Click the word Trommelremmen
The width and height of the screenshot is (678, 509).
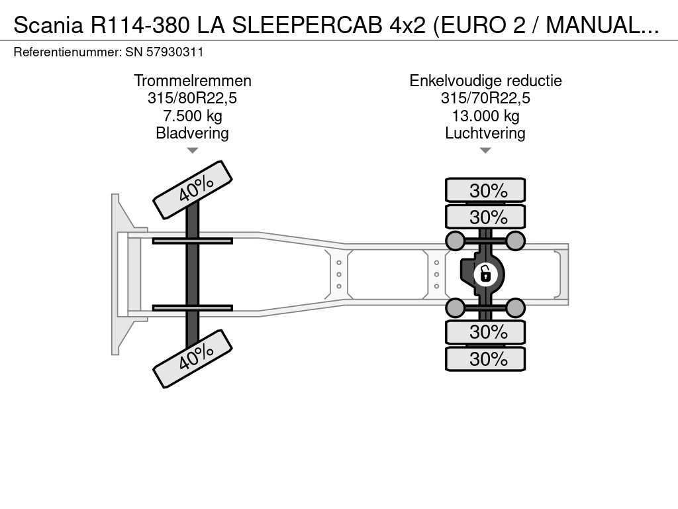pyautogui.click(x=192, y=81)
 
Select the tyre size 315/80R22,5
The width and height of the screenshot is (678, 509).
pyautogui.click(x=192, y=99)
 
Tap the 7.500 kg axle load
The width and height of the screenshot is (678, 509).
pyautogui.click(x=192, y=116)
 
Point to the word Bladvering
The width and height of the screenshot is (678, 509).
pyautogui.click(x=192, y=133)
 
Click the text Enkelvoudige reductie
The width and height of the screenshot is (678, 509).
pyautogui.click(x=485, y=81)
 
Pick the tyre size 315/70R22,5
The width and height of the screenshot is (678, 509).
pyautogui.click(x=485, y=99)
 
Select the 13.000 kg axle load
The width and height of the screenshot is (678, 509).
pyautogui.click(x=485, y=116)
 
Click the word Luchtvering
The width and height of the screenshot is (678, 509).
pyautogui.click(x=485, y=133)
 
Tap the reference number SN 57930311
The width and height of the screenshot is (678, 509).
pyautogui.click(x=164, y=52)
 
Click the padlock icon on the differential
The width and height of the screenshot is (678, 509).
pyautogui.click(x=485, y=272)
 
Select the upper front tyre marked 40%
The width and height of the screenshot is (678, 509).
pyautogui.click(x=193, y=190)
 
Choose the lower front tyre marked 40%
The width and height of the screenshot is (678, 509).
pyautogui.click(x=193, y=359)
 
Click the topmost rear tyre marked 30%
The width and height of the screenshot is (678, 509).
pyautogui.click(x=485, y=190)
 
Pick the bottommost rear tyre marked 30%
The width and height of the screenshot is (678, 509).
pyautogui.click(x=485, y=359)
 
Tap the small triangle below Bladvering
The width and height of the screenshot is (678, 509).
pyautogui.click(x=192, y=150)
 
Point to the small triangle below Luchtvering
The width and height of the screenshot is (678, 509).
pyautogui.click(x=485, y=150)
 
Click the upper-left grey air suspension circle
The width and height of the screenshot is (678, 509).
pyautogui.click(x=456, y=240)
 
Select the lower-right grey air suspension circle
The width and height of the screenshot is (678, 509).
pyautogui.click(x=515, y=307)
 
